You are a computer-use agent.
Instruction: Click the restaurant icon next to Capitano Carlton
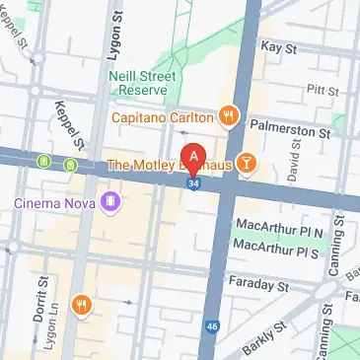tap(230, 113)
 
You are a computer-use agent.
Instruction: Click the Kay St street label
tap(279, 46)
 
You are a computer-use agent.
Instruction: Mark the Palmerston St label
tap(293, 129)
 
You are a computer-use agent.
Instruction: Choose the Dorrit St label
tap(42, 298)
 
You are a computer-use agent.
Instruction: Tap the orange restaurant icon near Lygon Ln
tap(81, 304)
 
